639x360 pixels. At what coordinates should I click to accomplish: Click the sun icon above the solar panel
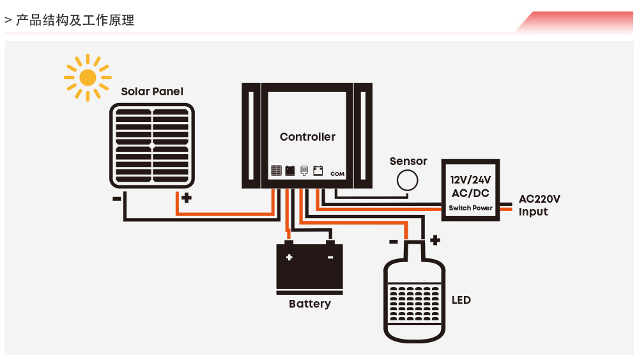pyautogui.click(x=88, y=77)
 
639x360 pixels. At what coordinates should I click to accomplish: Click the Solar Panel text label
pyautogui.click(x=152, y=91)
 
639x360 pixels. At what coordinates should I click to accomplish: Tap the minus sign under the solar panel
pyautogui.click(x=116, y=198)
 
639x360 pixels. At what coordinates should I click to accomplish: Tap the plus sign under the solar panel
pyautogui.click(x=186, y=198)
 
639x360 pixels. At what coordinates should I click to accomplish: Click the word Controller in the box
pyautogui.click(x=307, y=137)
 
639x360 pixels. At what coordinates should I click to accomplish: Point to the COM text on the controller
pyautogui.click(x=337, y=173)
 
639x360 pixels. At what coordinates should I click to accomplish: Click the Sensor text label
pyautogui.click(x=408, y=162)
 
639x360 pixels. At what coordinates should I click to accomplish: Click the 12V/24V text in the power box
pyautogui.click(x=470, y=180)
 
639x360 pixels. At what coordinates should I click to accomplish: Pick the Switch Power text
pyautogui.click(x=470, y=208)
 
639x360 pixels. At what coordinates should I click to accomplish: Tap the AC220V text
pyautogui.click(x=539, y=199)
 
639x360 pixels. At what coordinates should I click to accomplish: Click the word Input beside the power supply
pyautogui.click(x=533, y=212)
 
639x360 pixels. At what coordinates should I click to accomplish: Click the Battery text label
pyautogui.click(x=309, y=304)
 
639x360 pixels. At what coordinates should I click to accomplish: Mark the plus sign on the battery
pyautogui.click(x=289, y=258)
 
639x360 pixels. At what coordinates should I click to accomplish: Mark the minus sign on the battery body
pyautogui.click(x=330, y=258)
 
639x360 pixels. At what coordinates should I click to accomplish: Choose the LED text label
pyautogui.click(x=461, y=300)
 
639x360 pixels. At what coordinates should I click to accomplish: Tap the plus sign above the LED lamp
pyautogui.click(x=435, y=240)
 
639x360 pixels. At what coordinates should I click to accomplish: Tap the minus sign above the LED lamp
pyautogui.click(x=393, y=241)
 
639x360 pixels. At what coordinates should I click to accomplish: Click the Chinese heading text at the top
pyautogui.click(x=75, y=20)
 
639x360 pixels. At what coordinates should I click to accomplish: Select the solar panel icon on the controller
pyautogui.click(x=276, y=171)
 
